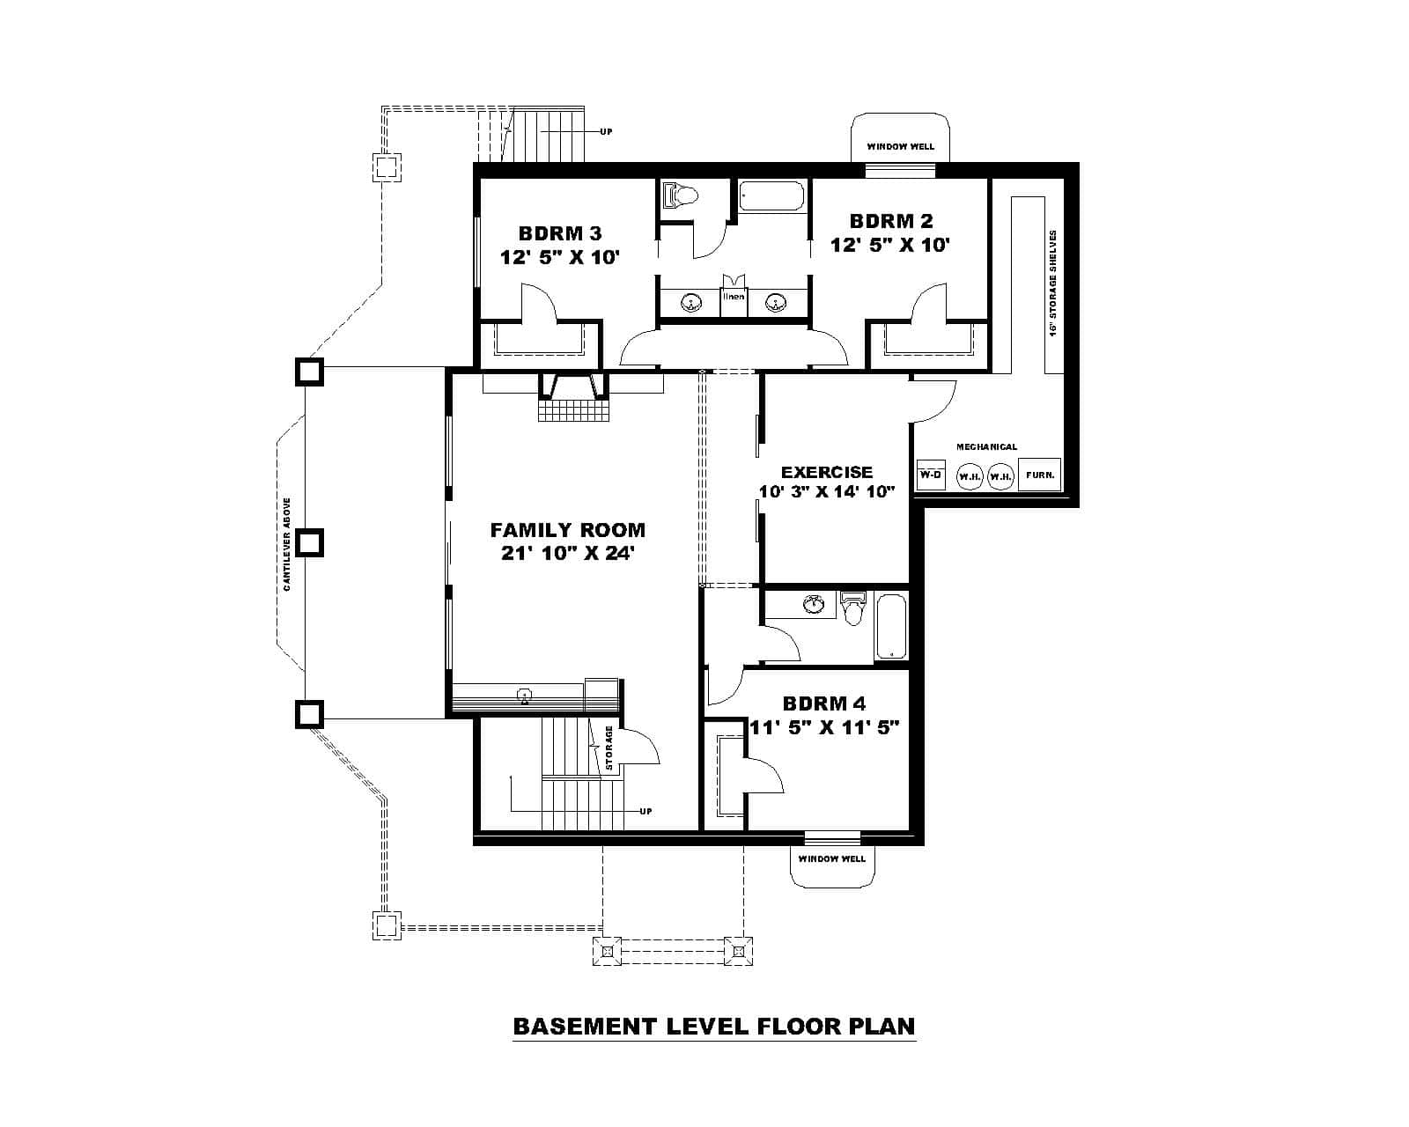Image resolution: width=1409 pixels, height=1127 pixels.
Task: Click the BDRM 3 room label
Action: coord(560,233)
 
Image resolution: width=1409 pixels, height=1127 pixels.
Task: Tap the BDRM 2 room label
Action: coord(890,221)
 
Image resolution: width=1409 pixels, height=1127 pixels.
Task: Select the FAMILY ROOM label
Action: coord(567,530)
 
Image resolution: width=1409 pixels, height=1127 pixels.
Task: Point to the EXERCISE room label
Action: coord(827,473)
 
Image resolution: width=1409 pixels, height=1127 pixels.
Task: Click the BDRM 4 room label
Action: coord(823,703)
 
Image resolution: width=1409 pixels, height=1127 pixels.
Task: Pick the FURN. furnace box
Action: coord(1039,475)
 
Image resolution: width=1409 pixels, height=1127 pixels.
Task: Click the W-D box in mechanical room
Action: coord(930,475)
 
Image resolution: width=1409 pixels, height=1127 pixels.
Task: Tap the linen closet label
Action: coord(734,297)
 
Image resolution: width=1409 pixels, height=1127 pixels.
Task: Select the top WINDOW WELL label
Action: coord(900,146)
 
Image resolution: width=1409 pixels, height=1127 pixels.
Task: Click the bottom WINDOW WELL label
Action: coord(831,858)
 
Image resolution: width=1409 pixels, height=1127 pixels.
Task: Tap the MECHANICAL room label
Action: coord(986,447)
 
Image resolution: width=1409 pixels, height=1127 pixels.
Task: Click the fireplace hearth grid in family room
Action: coord(574,410)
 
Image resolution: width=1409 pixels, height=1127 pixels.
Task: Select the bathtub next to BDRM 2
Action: coord(771,195)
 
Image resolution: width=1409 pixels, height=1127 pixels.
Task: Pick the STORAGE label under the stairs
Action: coord(609,748)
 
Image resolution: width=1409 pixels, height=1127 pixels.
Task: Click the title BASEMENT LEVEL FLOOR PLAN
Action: coord(713,1027)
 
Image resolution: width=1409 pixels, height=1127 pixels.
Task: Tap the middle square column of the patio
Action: coord(309,542)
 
